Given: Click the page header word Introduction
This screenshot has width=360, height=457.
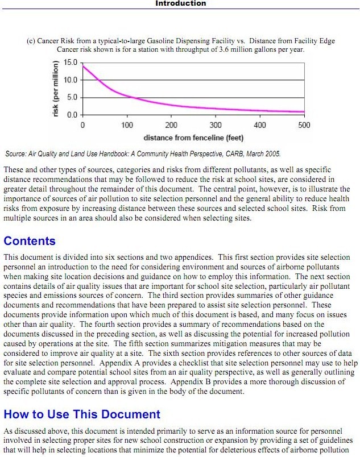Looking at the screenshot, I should (x=181, y=3).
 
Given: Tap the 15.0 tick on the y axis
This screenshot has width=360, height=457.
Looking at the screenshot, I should (x=71, y=62).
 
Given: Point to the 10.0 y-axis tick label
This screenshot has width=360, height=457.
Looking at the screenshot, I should (x=71, y=80).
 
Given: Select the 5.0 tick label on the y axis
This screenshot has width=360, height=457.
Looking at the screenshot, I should (x=73, y=97).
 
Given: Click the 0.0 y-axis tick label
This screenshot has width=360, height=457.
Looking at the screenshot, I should (x=73, y=115).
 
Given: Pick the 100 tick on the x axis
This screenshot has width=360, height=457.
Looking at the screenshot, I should (x=127, y=125).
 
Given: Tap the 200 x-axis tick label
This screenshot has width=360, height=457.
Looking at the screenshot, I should (x=171, y=125).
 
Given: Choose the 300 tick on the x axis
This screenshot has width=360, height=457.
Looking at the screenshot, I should (x=216, y=125).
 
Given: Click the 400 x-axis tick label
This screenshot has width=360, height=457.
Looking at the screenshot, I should (x=260, y=125).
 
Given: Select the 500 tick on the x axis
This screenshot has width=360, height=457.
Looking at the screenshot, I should (x=304, y=125).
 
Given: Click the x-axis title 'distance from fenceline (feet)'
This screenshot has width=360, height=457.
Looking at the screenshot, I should (x=193, y=138).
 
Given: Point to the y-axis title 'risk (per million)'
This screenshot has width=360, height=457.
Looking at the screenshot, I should (x=56, y=88).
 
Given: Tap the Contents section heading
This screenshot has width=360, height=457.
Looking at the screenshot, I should (x=30, y=241).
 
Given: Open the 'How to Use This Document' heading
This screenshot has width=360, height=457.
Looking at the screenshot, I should (x=82, y=414).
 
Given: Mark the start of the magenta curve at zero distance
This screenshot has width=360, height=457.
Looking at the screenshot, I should (x=84, y=66).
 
